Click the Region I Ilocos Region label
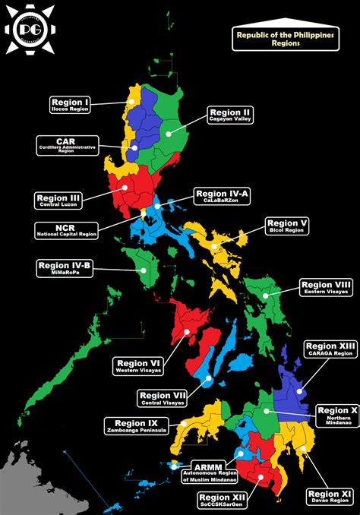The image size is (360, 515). point(71,105)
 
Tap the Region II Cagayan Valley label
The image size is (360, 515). point(231,115)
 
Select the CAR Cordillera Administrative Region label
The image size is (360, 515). point(66,145)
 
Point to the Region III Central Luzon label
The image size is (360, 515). point(58,201)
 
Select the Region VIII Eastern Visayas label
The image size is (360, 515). point(326,288)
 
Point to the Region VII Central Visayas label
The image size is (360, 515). point(164,398)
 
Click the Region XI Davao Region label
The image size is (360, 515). point(330,498)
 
